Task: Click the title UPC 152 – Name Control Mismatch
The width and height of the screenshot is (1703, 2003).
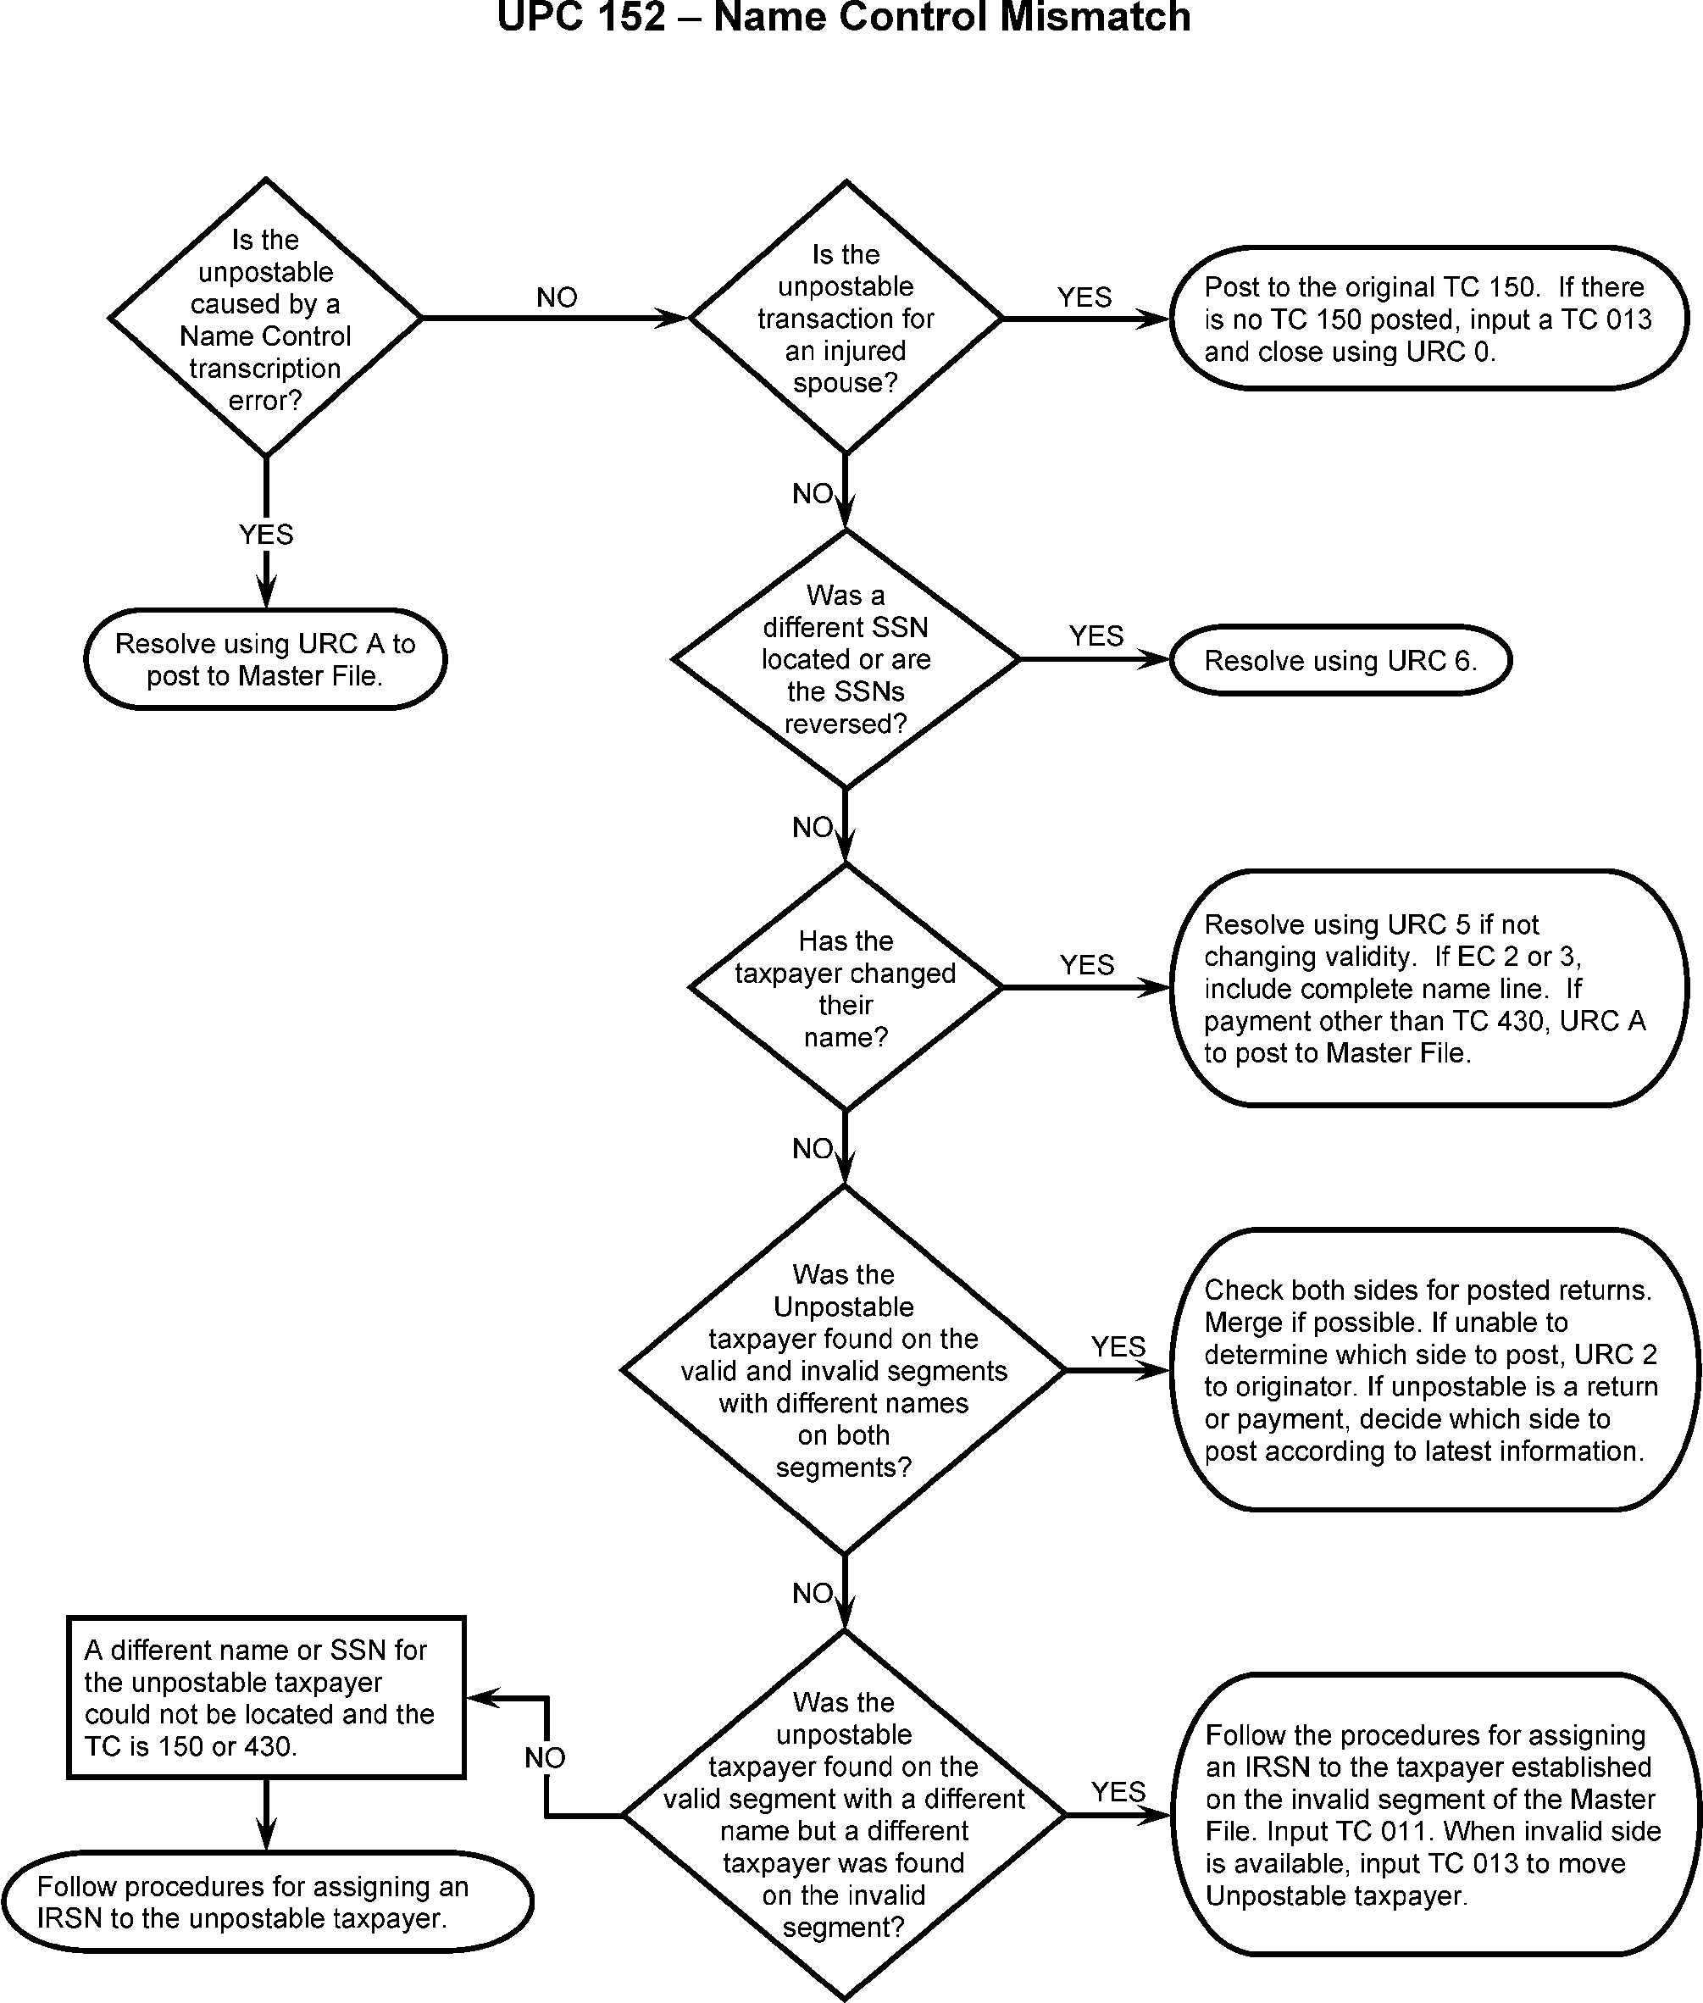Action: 844,18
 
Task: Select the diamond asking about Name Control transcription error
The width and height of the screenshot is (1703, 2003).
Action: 265,318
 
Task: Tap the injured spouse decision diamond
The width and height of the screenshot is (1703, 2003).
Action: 846,318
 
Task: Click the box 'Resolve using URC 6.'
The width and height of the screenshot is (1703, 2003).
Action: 1340,660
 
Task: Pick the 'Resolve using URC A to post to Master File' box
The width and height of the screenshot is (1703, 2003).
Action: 265,659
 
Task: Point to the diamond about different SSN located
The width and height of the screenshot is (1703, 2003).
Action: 846,659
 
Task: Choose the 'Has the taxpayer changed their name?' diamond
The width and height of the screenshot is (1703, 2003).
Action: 846,987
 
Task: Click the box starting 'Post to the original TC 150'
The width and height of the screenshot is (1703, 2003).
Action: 1428,319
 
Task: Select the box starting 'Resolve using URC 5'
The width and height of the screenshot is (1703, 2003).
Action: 1428,987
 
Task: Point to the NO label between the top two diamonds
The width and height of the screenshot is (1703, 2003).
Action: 557,297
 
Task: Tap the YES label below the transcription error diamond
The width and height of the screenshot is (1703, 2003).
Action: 265,535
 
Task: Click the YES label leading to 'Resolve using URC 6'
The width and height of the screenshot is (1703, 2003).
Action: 1096,636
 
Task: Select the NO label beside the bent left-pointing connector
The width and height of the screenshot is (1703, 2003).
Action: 545,1758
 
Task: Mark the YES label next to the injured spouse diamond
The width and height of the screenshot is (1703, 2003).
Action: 1084,297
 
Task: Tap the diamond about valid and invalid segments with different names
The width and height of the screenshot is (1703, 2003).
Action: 844,1370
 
